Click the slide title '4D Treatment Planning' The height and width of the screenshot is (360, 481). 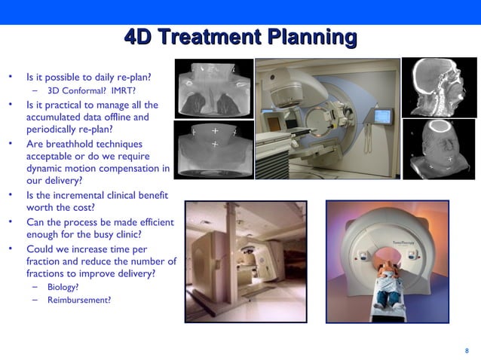pos(240,37)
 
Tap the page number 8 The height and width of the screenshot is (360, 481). pos(467,350)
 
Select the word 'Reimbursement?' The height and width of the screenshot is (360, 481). pos(78,300)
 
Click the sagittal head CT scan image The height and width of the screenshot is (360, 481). pos(438,86)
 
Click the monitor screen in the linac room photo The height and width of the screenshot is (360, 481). pos(384,117)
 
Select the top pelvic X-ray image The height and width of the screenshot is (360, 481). pos(213,88)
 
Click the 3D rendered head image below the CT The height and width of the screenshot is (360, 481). pos(438,149)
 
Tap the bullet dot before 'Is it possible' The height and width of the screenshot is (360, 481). pos(11,77)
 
